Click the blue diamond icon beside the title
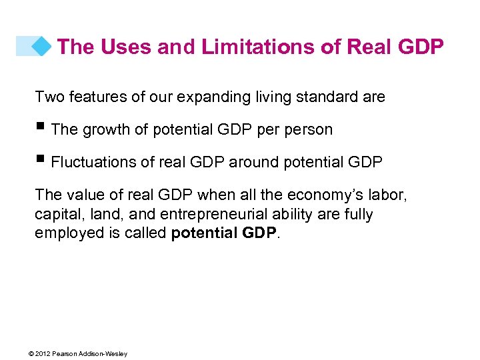click(x=42, y=46)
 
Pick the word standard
click(x=326, y=97)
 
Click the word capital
click(x=57, y=215)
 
